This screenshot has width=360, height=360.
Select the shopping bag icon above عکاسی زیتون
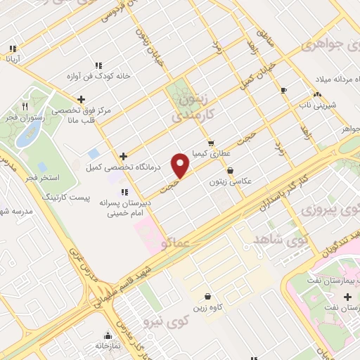(230, 170)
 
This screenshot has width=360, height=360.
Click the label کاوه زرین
(206, 307)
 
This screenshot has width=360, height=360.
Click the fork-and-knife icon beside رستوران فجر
(25, 106)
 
